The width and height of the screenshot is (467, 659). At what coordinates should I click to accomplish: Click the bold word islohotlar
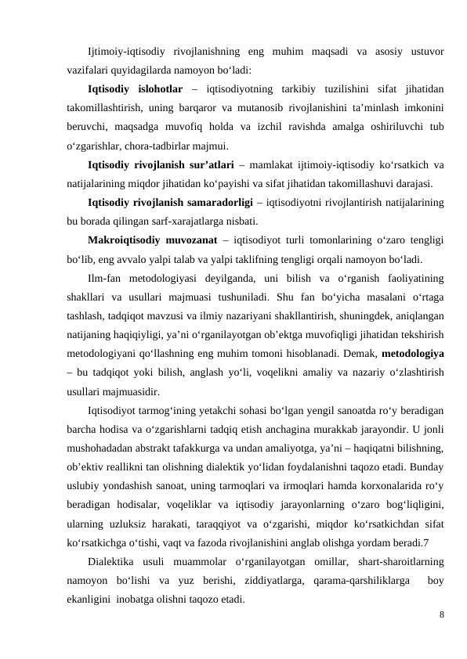pyautogui.click(x=160, y=87)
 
